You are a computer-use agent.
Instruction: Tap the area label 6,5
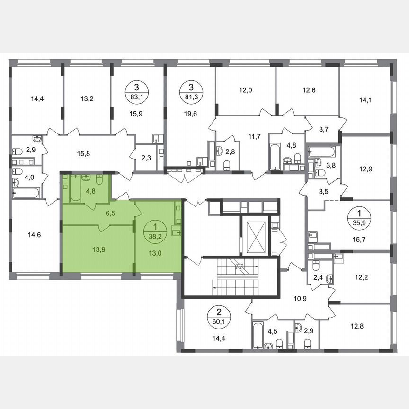click(111, 214)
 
